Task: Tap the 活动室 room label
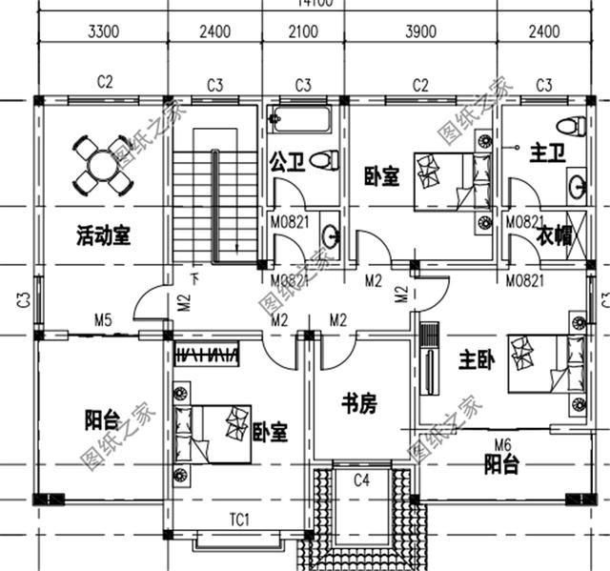pyautogui.click(x=102, y=236)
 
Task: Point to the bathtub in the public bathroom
pyautogui.click(x=300, y=120)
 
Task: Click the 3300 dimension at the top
pyautogui.click(x=103, y=31)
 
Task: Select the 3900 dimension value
pyautogui.click(x=420, y=31)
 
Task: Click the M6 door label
pyautogui.click(x=502, y=443)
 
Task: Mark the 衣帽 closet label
pyautogui.click(x=554, y=235)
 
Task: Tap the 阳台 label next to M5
pyautogui.click(x=102, y=419)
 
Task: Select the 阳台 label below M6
pyautogui.click(x=500, y=465)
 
